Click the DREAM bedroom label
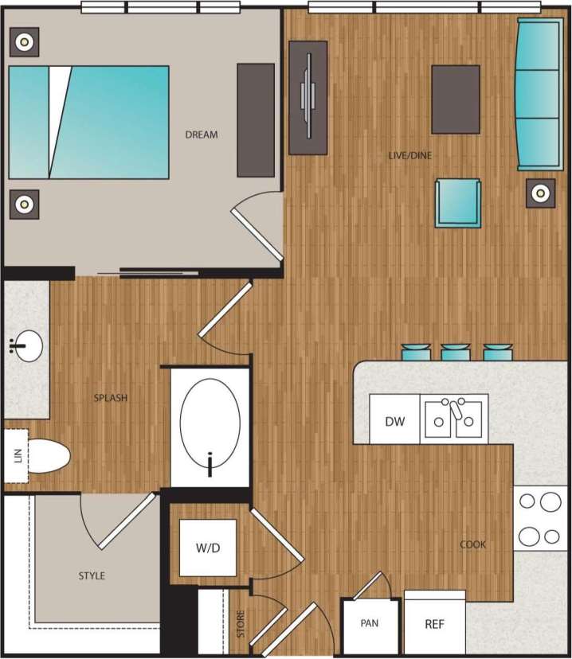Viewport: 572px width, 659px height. pos(201,135)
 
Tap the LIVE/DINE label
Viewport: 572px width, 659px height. pos(409,155)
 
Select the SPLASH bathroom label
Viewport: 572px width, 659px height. pos(111,398)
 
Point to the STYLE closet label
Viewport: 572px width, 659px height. pos(92,575)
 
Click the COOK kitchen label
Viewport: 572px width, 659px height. pos(472,544)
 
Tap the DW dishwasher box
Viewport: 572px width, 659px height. pos(395,420)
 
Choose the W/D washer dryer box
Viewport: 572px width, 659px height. pos(207,548)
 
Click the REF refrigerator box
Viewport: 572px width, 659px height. pos(434,624)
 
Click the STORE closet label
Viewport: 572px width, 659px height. pos(241,623)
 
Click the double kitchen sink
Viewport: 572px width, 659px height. pos(453,418)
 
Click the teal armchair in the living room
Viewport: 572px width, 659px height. pos(458,203)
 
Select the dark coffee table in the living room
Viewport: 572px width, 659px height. pos(456,99)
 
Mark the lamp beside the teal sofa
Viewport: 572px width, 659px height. pos(541,193)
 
